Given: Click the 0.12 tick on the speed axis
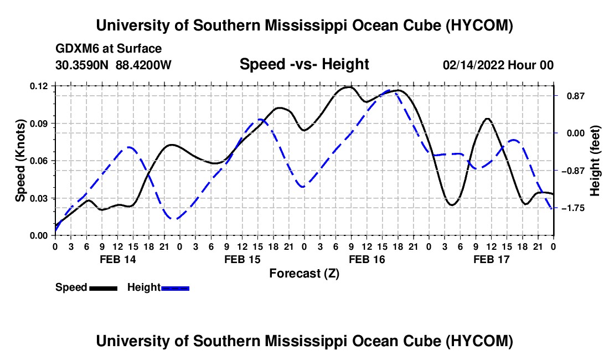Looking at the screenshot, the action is (x=39, y=86).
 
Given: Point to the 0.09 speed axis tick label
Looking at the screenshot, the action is (x=39, y=124).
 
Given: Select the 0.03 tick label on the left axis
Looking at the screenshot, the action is (x=39, y=198).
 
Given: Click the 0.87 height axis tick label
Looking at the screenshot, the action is (x=576, y=96).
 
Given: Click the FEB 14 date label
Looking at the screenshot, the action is (x=118, y=259).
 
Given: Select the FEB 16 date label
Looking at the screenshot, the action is (x=367, y=259).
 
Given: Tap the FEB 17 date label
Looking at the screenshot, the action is (x=491, y=259).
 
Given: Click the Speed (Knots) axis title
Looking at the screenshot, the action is (x=20, y=161).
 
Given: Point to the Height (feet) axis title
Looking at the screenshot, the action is (x=595, y=161).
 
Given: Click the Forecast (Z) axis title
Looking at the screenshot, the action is (x=304, y=274).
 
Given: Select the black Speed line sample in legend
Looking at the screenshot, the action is (x=103, y=288).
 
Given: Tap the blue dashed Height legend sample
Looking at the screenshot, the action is (x=175, y=288).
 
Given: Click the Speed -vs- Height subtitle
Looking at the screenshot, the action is (x=304, y=64).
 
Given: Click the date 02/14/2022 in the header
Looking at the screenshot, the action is (x=473, y=65).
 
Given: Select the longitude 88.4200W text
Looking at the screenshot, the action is (x=143, y=65).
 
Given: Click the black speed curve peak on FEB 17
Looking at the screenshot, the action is (x=487, y=119).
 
